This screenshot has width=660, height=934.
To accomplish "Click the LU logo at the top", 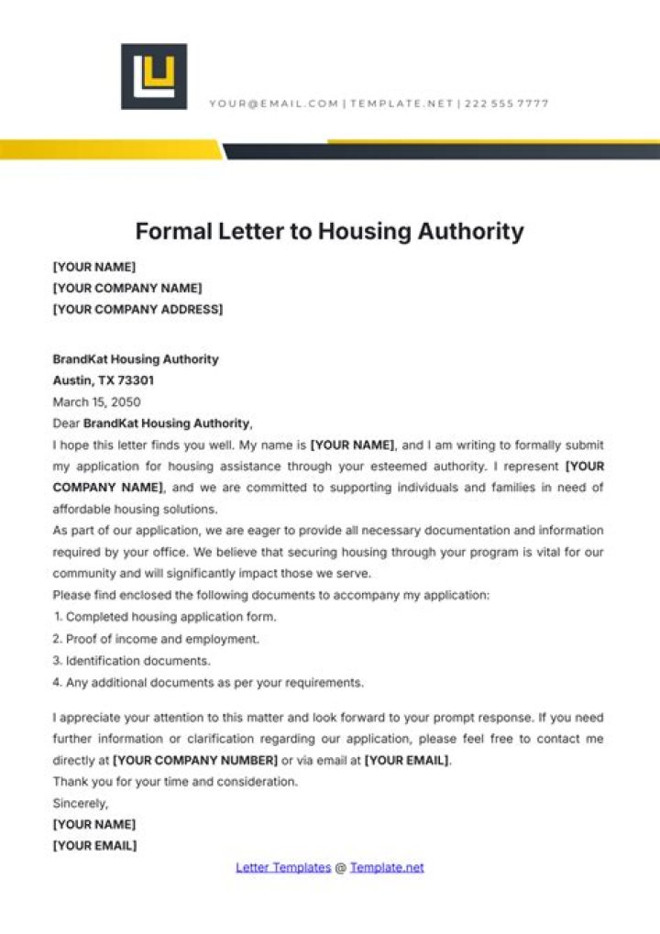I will point(154,77).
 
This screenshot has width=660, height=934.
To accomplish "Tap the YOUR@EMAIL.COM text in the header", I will point(273,104).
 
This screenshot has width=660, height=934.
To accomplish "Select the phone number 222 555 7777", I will point(507,104).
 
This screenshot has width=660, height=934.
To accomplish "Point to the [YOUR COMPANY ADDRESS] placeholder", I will point(137,309).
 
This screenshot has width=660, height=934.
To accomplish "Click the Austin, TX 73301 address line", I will point(104,380).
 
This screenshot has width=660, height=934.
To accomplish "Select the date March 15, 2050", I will point(96,401).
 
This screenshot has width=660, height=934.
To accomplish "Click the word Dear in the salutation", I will point(66,423).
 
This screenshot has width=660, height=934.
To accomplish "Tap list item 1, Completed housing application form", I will point(164,617).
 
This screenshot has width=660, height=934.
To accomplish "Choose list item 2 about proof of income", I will point(156,639).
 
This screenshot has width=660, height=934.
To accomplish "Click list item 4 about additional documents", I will point(208,682).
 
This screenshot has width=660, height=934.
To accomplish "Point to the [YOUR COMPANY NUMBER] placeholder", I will point(194,760).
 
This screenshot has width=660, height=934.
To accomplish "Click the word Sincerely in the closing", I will point(80,803).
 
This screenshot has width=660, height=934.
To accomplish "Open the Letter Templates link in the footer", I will point(283,867).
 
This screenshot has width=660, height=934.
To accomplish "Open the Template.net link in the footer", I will point(387,867).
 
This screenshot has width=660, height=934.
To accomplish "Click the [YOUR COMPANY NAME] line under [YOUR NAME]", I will point(127,288).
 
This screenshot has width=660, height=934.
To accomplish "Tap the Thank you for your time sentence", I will point(175,782).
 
